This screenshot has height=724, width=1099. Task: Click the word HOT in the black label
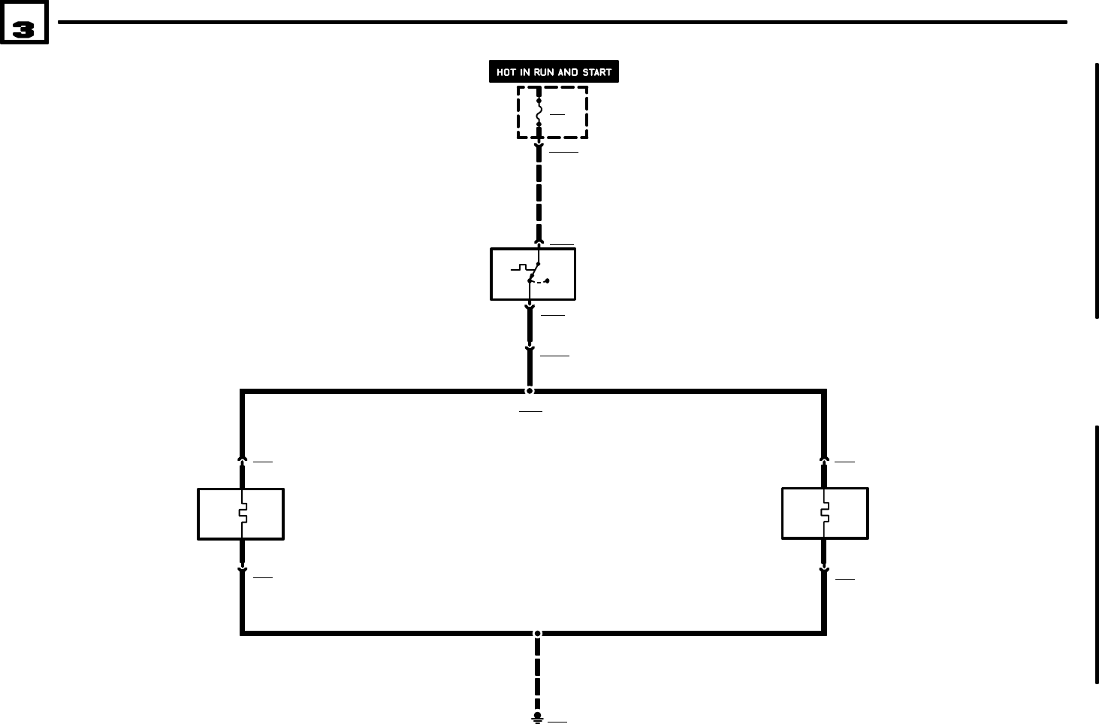click(x=506, y=72)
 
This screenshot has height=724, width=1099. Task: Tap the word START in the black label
click(x=597, y=72)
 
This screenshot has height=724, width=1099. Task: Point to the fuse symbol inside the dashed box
click(x=539, y=113)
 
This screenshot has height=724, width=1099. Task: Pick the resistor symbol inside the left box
click(x=242, y=514)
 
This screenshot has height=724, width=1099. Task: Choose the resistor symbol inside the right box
click(x=824, y=513)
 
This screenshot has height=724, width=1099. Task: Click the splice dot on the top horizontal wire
click(x=530, y=391)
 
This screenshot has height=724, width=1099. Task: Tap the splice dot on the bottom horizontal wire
click(x=537, y=633)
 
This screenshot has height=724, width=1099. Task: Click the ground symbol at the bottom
click(x=537, y=718)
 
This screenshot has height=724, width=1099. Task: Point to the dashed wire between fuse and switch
click(x=539, y=195)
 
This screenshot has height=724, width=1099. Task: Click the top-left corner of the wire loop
click(x=243, y=392)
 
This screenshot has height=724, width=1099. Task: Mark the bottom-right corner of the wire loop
click(x=824, y=632)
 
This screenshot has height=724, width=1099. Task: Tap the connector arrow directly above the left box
click(x=242, y=457)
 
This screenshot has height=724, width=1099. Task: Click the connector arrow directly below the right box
click(x=824, y=571)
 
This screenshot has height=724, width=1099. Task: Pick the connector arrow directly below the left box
click(x=242, y=571)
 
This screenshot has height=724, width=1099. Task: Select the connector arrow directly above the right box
click(x=824, y=457)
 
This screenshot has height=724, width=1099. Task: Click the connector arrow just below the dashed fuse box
click(x=539, y=146)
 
